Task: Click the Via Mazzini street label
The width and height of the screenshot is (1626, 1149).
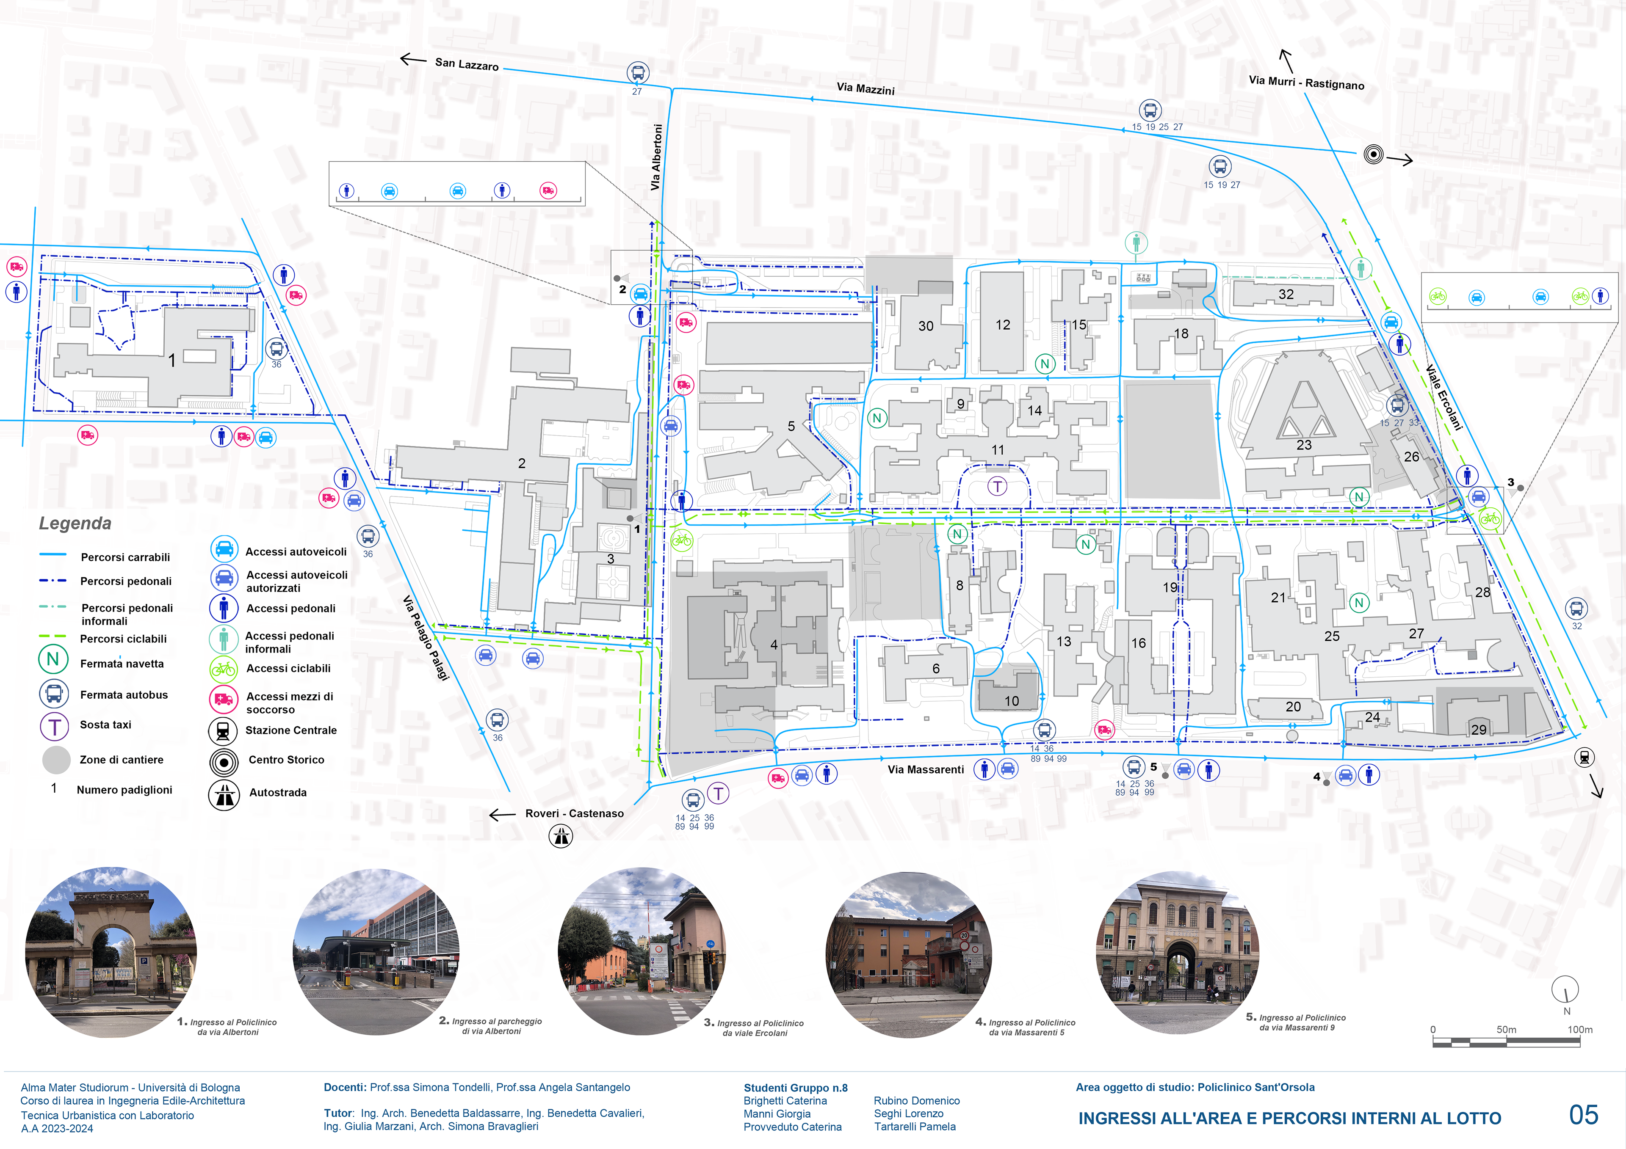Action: tap(866, 88)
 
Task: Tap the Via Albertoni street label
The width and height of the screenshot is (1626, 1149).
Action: tap(656, 157)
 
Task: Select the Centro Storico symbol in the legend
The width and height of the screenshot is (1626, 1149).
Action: tap(224, 762)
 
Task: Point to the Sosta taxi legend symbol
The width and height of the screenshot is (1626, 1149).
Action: tap(55, 726)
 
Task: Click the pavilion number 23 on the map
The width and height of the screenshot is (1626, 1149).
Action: tap(1304, 445)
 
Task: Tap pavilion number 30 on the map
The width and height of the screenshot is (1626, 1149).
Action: tap(926, 326)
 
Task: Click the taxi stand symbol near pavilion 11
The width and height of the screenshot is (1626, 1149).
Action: tap(997, 486)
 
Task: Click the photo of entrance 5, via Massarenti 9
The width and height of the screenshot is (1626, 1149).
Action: tap(1177, 952)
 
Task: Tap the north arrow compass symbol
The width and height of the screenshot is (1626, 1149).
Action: tap(1565, 990)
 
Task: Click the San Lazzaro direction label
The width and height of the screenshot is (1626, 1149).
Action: tap(467, 64)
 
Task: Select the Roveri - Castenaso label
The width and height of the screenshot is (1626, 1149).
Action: tap(574, 813)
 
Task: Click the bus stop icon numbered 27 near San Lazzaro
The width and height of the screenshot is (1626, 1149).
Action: tap(637, 72)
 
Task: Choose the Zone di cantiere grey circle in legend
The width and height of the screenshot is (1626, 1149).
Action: tap(56, 760)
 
